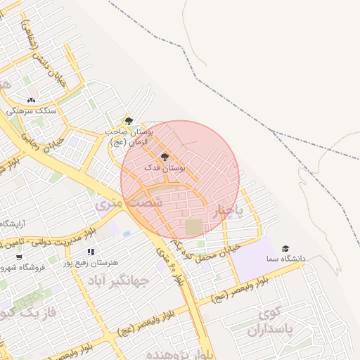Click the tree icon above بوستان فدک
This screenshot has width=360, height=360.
(165, 157)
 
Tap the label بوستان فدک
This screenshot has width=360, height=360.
(165, 169)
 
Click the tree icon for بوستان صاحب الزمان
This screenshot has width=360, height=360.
(128, 121)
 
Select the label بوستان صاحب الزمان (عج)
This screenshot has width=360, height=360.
(129, 136)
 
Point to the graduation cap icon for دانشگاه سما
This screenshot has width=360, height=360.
(285, 248)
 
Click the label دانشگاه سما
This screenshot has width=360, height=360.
(285, 259)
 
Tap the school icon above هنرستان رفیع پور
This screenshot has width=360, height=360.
(90, 252)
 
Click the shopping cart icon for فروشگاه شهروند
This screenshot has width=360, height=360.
(19, 257)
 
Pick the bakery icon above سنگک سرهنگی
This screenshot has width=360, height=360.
(31, 100)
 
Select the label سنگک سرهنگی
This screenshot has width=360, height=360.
(30, 111)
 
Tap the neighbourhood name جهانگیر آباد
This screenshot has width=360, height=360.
(118, 281)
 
